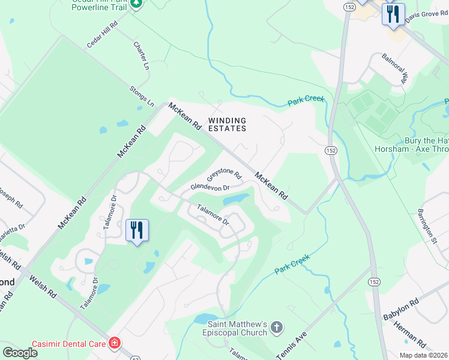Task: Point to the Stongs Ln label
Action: click(142, 96)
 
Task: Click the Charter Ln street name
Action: click(141, 56)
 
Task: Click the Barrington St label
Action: click(427, 226)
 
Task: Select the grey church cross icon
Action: click(276, 328)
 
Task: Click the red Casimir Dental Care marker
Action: click(114, 343)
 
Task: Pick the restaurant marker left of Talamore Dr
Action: click(137, 229)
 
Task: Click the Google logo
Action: click(20, 352)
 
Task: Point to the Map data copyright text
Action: click(423, 355)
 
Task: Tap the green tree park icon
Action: click(137, 4)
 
